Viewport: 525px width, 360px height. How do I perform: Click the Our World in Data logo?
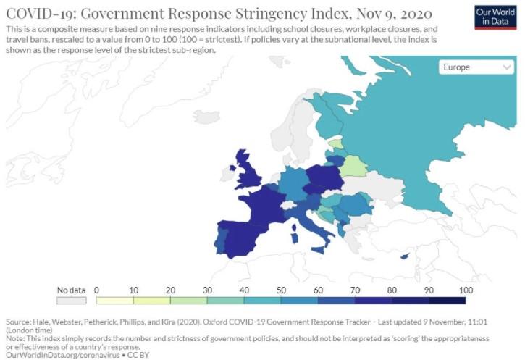coord(495,17)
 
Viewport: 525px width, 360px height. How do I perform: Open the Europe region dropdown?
coord(476,67)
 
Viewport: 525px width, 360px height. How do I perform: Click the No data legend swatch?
coord(71,301)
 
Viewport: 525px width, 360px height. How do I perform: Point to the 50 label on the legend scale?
coord(281,290)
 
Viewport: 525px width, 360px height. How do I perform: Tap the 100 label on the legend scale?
coord(466,290)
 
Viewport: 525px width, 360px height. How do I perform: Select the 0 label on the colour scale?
coord(96,290)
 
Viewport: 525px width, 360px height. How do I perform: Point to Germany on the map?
coord(294,183)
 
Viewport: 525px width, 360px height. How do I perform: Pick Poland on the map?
coord(325,177)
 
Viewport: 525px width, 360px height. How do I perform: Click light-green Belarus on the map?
coord(353,167)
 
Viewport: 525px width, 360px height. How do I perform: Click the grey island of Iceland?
coord(206,117)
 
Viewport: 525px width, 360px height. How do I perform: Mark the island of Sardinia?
coord(294,238)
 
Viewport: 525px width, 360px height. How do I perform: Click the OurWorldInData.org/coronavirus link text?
coord(62,355)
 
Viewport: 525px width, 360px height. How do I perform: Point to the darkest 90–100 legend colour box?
coord(447,301)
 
